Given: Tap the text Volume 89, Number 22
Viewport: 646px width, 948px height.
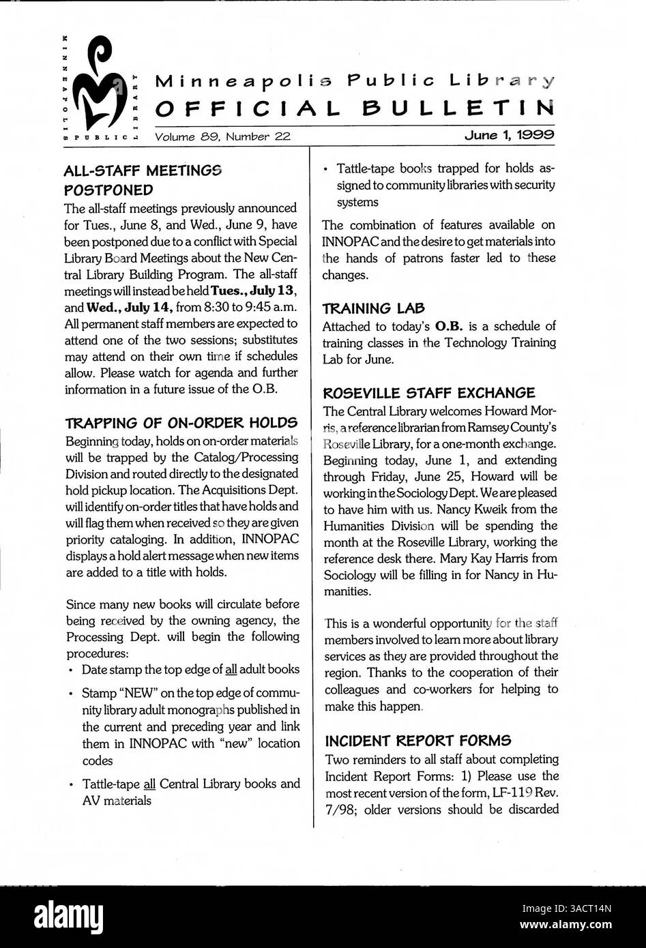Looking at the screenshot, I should tap(223, 136).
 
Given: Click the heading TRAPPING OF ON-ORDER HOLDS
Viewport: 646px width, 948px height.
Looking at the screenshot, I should tap(181, 423).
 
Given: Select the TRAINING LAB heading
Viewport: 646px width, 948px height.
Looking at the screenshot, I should tap(372, 308).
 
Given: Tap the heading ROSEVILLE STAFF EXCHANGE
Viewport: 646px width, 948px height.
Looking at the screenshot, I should tap(428, 393).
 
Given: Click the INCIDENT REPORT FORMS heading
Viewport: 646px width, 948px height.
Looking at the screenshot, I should tap(418, 741).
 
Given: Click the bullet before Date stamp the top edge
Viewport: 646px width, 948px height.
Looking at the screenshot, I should tap(72, 670).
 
